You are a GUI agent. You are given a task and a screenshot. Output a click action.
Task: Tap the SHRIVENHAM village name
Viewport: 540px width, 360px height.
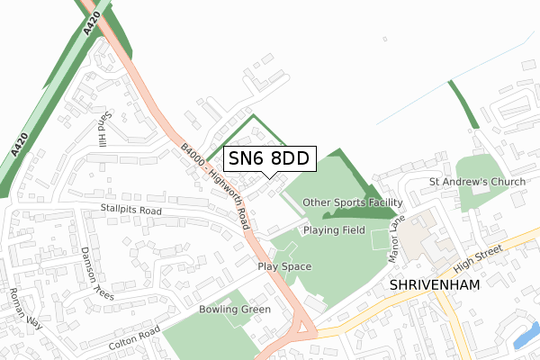point(436,284)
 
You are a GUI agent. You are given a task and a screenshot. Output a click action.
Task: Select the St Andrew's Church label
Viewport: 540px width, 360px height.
point(477,184)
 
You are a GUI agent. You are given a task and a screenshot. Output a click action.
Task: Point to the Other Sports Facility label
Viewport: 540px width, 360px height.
point(352,202)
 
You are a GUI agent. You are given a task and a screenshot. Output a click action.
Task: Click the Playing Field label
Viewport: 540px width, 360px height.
point(334,230)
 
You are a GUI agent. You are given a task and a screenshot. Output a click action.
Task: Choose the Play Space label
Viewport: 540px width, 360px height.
point(284,266)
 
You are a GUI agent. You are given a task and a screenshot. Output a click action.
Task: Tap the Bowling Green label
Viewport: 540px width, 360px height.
point(235,310)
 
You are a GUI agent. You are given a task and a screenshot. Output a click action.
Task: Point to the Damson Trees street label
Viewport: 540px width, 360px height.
point(97,273)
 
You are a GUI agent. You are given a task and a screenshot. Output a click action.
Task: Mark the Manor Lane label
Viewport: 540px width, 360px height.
point(397,234)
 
